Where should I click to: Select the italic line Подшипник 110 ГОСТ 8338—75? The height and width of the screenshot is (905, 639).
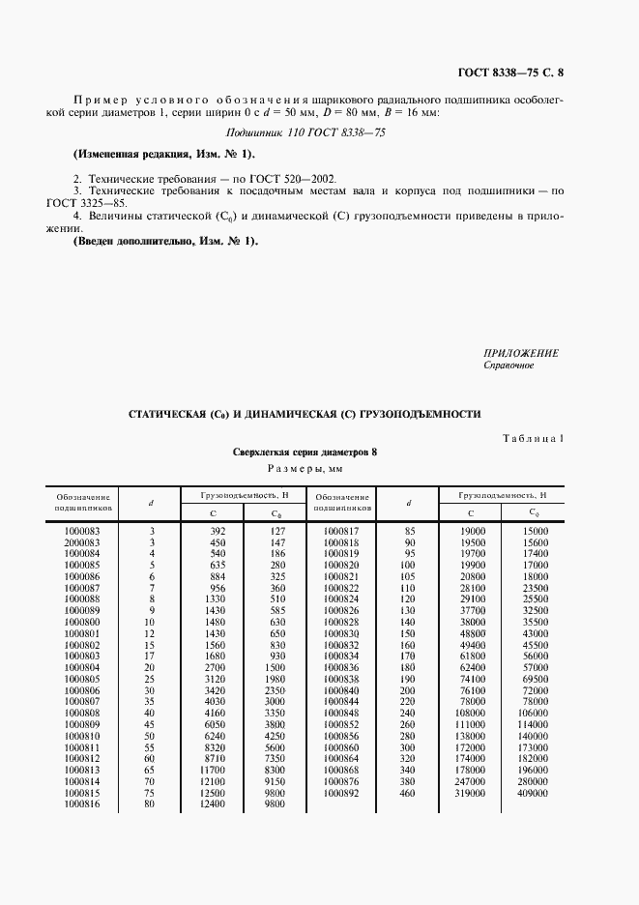(x=305, y=134)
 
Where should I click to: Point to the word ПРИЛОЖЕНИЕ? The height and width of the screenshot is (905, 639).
(x=520, y=354)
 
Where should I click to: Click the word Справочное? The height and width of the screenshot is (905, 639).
(x=508, y=365)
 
